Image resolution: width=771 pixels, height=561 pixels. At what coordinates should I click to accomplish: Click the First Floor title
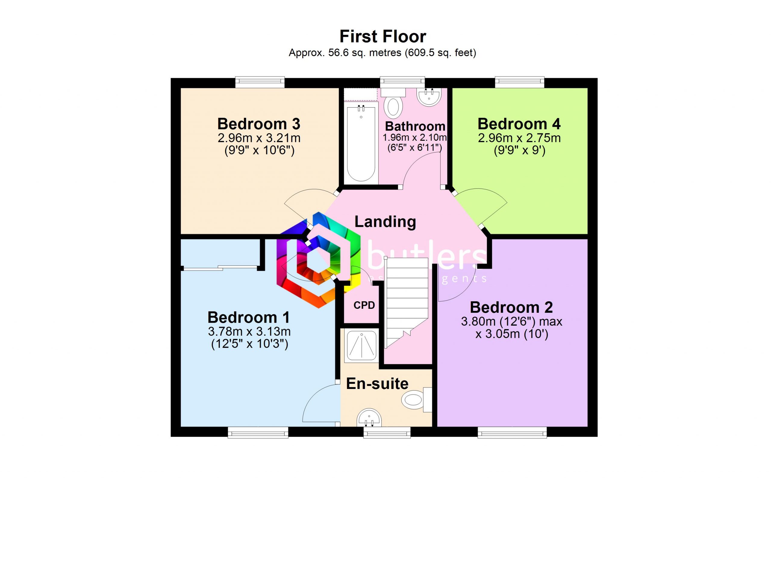point(382,37)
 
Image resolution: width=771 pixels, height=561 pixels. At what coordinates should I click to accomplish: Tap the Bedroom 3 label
point(259,124)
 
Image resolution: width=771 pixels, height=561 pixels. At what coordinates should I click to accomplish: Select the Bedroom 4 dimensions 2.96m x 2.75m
point(519,138)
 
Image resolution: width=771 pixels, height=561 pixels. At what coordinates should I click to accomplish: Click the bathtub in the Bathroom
point(361,143)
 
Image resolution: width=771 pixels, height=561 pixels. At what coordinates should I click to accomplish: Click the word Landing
point(385,222)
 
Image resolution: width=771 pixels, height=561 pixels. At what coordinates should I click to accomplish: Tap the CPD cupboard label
point(364,305)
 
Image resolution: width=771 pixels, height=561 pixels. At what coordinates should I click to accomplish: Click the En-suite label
point(377,384)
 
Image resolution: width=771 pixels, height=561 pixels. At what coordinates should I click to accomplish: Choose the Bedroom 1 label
point(248,318)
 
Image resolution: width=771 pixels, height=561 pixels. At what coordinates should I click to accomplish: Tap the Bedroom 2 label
point(511,308)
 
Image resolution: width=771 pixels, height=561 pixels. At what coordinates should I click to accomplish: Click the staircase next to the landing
point(406,299)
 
